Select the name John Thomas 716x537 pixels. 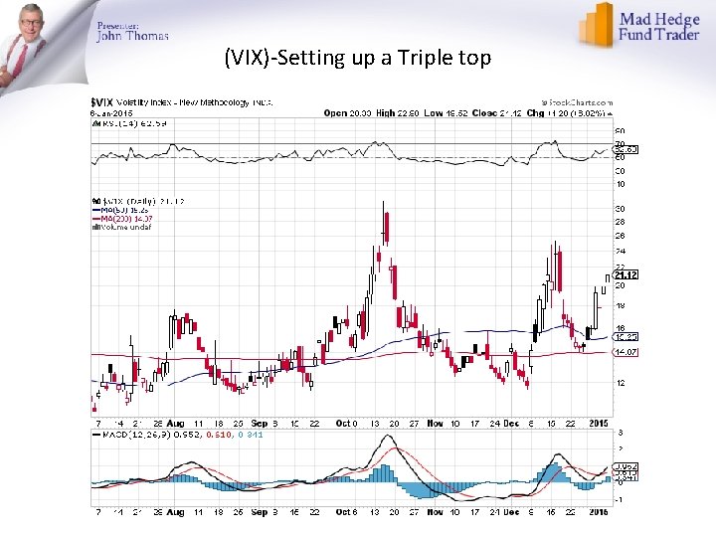(x=132, y=36)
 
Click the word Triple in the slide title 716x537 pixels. (x=421, y=58)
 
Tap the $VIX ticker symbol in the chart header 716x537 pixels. (x=101, y=102)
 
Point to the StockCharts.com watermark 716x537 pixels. (x=575, y=102)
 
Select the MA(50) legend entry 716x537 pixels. (x=118, y=211)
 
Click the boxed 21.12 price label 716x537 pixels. (x=626, y=274)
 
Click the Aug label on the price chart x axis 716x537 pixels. (x=176, y=423)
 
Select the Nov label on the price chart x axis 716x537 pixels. (x=434, y=423)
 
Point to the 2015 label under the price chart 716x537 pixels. (x=598, y=423)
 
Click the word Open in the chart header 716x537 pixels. (x=334, y=112)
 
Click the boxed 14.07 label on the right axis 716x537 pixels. (x=626, y=351)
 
